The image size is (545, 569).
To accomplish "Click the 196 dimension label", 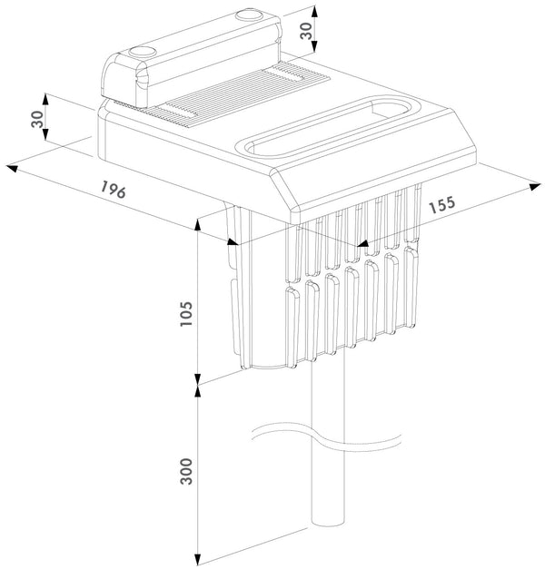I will (113, 191).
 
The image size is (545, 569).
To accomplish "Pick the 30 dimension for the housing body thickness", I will (37, 121).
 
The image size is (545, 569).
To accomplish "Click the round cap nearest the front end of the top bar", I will (143, 54).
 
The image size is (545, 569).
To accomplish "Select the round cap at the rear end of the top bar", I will (247, 16).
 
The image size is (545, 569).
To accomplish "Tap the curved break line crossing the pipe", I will (327, 439).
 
